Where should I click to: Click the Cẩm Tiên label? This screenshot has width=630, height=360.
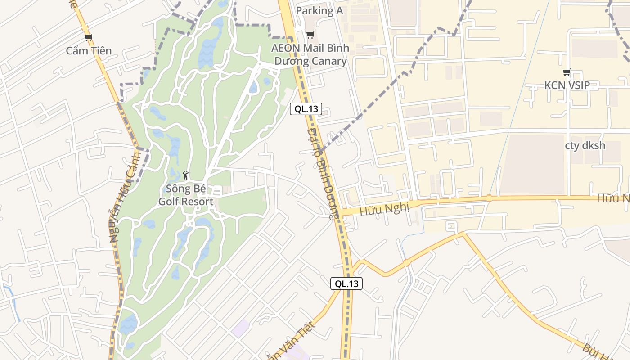89,50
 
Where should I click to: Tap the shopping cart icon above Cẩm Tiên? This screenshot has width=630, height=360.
88,37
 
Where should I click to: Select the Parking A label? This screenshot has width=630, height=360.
319,11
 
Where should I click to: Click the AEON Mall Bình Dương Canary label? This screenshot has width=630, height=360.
310,54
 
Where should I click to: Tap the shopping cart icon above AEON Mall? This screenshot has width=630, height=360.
310,35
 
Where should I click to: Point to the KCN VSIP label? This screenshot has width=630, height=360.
567,85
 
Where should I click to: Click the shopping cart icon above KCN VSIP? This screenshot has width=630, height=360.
567,72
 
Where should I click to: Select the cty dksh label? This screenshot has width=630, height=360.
585,145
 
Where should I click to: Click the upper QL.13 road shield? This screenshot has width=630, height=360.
306,108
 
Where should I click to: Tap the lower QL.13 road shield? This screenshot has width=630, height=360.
346,283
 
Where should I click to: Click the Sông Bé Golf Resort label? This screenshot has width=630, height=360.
185,195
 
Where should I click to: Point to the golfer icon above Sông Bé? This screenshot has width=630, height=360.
185,175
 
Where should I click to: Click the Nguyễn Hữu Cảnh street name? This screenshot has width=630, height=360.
126,196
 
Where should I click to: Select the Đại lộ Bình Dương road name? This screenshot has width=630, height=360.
322,173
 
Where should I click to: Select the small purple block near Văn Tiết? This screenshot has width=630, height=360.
241,328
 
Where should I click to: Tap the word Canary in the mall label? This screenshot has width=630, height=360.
330,62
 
